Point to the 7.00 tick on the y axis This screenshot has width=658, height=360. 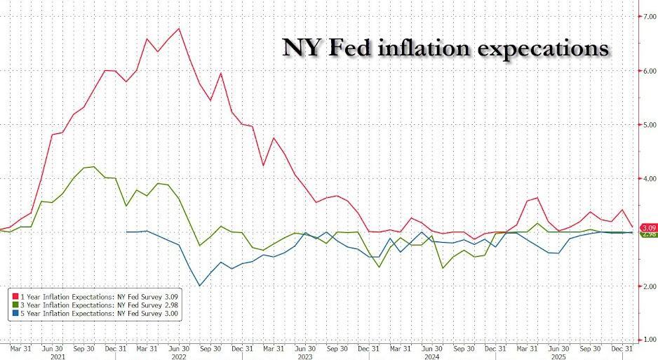click(x=650, y=16)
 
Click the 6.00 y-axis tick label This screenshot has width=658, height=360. click(x=650, y=71)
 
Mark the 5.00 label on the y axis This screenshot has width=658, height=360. click(x=650, y=125)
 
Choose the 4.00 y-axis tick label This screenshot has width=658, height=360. click(x=650, y=179)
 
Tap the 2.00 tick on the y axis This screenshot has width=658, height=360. click(x=650, y=286)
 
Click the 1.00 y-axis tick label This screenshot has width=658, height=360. click(x=650, y=340)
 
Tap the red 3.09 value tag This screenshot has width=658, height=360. click(x=649, y=227)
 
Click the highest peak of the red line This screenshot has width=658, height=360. click(x=180, y=29)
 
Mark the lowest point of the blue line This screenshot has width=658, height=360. click(x=200, y=286)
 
